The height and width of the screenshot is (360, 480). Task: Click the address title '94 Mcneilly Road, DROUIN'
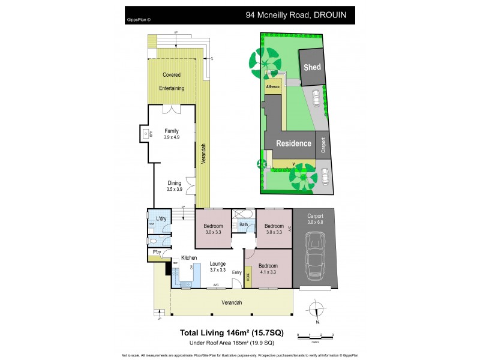(296, 14)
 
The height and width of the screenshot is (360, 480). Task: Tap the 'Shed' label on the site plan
(312, 68)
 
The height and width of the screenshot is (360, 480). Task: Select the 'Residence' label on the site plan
(293, 143)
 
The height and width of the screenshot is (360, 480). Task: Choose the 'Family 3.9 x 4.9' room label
(172, 133)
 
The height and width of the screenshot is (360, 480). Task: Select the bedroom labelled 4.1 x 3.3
(267, 268)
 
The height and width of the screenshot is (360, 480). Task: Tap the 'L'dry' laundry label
(161, 218)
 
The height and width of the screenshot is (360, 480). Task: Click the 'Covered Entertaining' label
(172, 82)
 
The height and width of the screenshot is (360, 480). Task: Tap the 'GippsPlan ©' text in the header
(139, 19)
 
